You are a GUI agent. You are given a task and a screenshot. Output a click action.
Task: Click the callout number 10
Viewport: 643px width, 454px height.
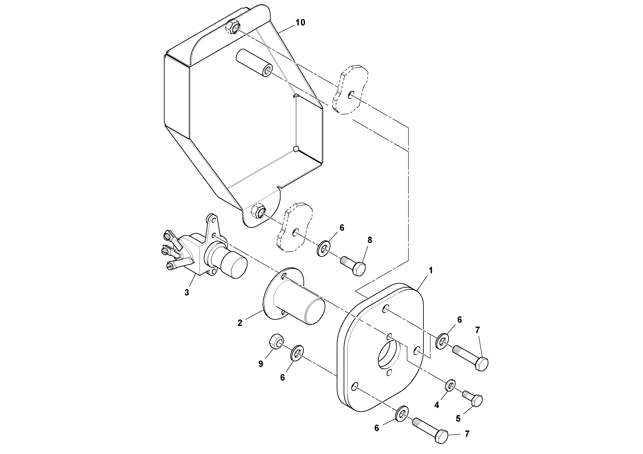pyautogui.click(x=300, y=22)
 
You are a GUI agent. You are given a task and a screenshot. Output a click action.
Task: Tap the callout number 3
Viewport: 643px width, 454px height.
pyautogui.click(x=187, y=293)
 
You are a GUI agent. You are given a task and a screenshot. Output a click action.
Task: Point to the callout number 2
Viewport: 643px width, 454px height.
pyautogui.click(x=240, y=323)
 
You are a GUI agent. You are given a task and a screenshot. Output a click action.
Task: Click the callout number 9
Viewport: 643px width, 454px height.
pyautogui.click(x=261, y=364)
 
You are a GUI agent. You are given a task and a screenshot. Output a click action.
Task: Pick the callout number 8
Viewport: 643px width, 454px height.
pyautogui.click(x=370, y=240)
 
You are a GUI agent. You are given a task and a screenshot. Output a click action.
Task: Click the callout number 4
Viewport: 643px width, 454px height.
pyautogui.click(x=437, y=405)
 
